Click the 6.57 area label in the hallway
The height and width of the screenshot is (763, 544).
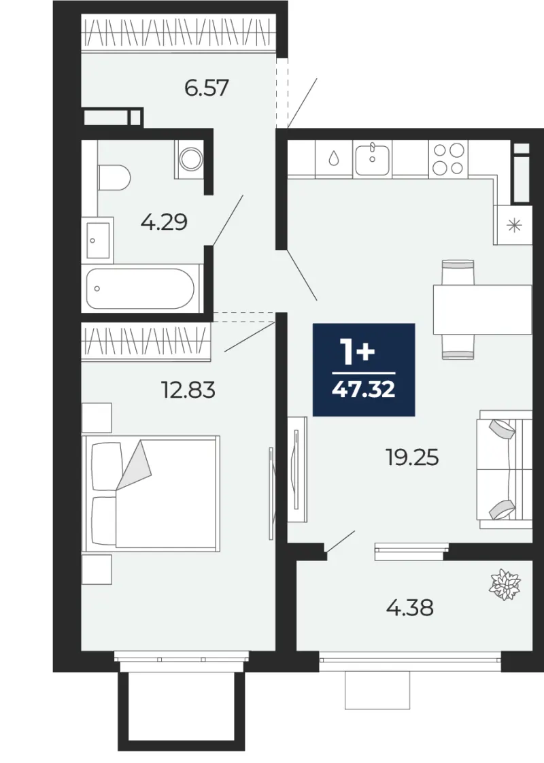pyautogui.click(x=206, y=88)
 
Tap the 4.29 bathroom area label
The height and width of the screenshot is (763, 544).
pyautogui.click(x=163, y=222)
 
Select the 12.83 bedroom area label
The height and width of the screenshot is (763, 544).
pyautogui.click(x=188, y=390)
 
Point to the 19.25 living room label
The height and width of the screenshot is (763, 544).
pyautogui.click(x=412, y=458)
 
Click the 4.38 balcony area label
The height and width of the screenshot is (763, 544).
pyautogui.click(x=410, y=608)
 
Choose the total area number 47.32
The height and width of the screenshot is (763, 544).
pyautogui.click(x=364, y=389)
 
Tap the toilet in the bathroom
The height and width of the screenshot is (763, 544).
pyautogui.click(x=114, y=177)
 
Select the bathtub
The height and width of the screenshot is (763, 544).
pyautogui.click(x=141, y=288)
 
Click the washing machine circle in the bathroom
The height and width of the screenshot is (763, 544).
pyautogui.click(x=190, y=158)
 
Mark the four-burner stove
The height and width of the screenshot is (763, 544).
pyautogui.click(x=448, y=158)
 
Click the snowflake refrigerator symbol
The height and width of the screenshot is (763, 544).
pyautogui.click(x=514, y=225)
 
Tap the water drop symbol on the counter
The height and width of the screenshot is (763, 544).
pyautogui.click(x=334, y=158)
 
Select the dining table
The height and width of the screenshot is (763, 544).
pyautogui.click(x=481, y=309)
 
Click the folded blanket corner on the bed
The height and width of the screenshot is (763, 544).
pyautogui.click(x=134, y=464)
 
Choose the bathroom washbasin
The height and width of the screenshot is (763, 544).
pyautogui.click(x=98, y=240)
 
